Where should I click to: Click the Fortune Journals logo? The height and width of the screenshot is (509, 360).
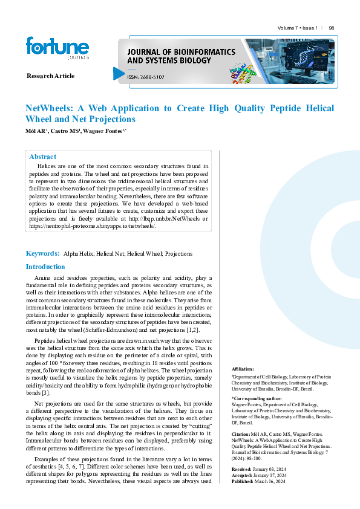[57, 48]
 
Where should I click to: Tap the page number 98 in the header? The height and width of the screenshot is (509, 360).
[332, 28]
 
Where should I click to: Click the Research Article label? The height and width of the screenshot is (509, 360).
[51, 76]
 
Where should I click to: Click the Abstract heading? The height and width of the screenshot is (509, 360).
[42, 157]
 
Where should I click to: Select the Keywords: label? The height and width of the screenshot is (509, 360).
[42, 253]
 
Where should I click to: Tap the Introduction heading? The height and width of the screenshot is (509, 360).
[45, 267]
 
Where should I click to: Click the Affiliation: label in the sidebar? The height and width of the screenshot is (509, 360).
[243, 368]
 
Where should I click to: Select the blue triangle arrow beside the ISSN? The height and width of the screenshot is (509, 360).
[119, 73]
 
